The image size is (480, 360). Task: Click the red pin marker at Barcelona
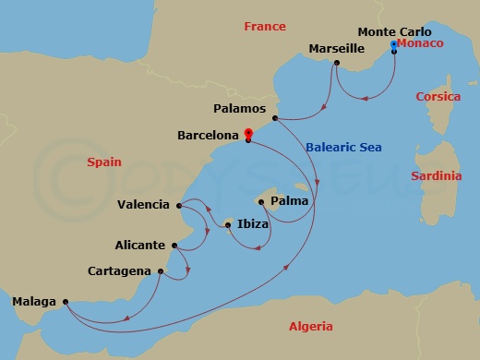[247, 134]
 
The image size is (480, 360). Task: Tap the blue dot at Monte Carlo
[394, 44]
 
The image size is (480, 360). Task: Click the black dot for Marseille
[337, 63]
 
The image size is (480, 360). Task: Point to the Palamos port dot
[276, 117]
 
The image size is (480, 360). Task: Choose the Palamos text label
[240, 107]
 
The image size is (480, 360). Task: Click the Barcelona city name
[209, 135]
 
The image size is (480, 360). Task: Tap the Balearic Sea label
[344, 148]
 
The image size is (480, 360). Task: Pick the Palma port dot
[261, 202]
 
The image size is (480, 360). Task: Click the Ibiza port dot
[228, 222]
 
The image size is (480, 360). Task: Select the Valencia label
[144, 204]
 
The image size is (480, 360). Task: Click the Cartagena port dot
[161, 270]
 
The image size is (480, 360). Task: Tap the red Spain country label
[104, 162]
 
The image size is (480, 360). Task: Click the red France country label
[265, 27]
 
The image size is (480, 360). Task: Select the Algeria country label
[310, 326]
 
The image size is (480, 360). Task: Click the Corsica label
[438, 96]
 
